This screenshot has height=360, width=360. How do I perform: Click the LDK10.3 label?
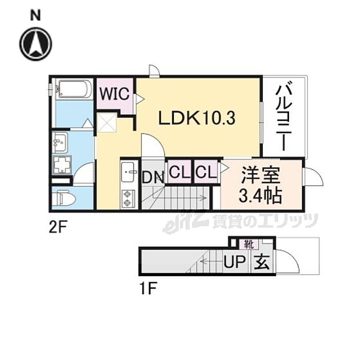pos(196,119)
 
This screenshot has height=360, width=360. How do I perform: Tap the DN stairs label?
pos(153,178)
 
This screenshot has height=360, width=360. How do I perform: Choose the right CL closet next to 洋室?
pos(205,171)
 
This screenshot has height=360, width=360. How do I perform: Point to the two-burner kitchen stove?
pos(128,199)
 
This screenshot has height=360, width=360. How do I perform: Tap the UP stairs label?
pos(235,264)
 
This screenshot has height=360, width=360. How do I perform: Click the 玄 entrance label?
pos(261,263)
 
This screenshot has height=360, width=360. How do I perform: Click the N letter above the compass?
pos(35,15)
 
